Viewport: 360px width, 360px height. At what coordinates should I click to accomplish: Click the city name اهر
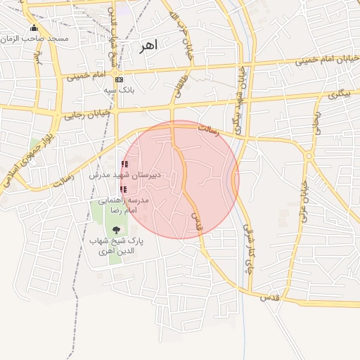coord(149,46)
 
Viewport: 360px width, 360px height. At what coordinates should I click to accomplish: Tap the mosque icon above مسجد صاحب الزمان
coord(34,28)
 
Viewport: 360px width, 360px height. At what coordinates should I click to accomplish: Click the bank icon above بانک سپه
coord(118,79)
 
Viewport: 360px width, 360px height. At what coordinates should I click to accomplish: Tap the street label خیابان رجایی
coord(88,112)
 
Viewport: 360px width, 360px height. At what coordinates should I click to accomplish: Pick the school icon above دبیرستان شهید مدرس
coord(124,165)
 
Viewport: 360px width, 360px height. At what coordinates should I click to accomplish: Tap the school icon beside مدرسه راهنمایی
coord(124,189)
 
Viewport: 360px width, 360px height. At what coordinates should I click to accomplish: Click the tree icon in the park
coord(116,229)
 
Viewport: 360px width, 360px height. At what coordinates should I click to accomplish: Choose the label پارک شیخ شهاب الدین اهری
coord(116,245)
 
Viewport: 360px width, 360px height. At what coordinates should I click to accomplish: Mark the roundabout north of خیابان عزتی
coord(309,155)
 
